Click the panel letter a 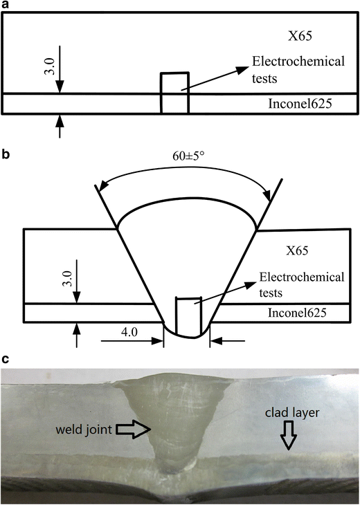(6, 6)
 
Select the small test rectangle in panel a (174, 93)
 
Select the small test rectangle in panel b (187, 315)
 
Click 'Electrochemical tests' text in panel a (298, 70)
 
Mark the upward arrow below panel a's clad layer (60, 126)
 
